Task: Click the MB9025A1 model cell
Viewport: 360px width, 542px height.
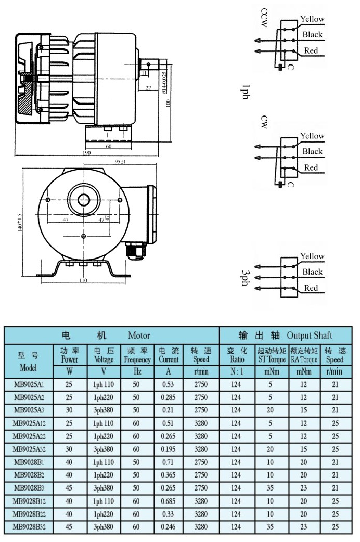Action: click(29, 383)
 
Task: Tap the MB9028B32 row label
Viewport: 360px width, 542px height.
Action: click(29, 526)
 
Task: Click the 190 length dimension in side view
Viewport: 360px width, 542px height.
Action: click(86, 153)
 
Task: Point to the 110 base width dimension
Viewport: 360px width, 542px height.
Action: click(84, 281)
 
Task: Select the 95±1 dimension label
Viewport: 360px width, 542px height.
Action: click(121, 162)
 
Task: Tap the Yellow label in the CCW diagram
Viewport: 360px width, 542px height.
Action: click(312, 19)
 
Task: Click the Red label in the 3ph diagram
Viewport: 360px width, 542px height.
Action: click(311, 288)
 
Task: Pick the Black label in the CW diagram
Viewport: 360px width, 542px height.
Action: click(312, 151)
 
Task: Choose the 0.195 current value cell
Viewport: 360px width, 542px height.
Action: click(168, 449)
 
